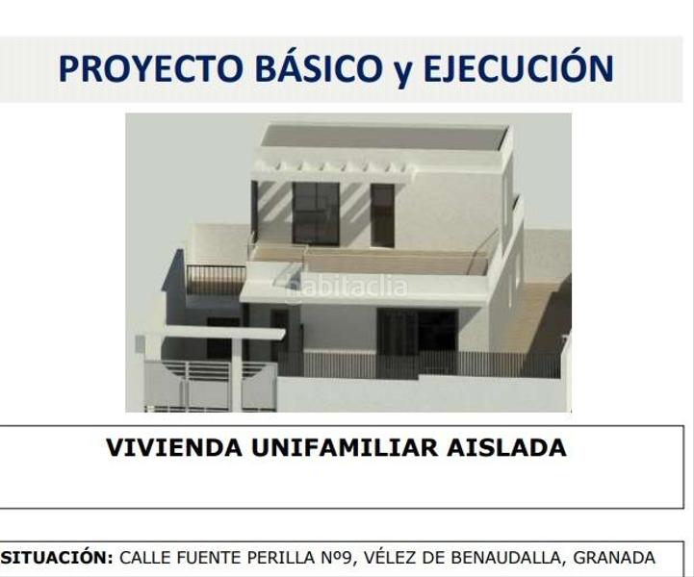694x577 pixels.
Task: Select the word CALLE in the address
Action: tap(147, 558)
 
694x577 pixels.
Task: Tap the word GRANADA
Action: tap(614, 558)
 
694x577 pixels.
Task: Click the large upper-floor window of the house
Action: tap(316, 213)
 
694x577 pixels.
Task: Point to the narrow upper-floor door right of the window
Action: tap(382, 214)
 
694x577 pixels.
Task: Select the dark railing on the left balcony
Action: tap(215, 279)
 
